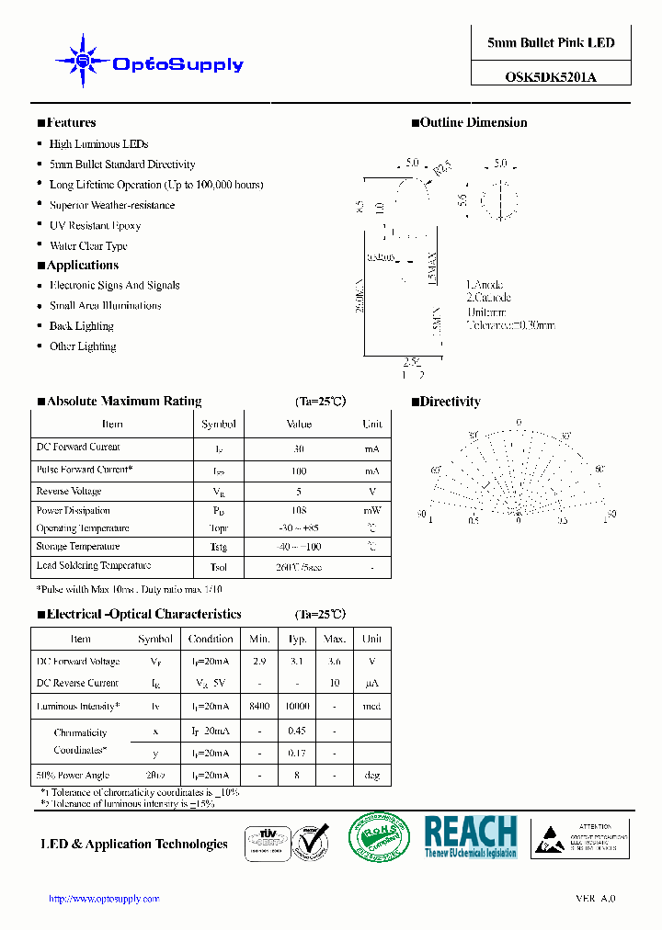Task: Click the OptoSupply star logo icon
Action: (83, 62)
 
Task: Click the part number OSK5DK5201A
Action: (550, 77)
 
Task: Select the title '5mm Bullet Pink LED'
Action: (550, 43)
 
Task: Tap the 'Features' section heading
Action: (71, 123)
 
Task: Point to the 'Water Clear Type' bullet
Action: (88, 246)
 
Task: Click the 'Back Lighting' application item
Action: (81, 326)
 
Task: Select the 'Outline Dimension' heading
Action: (474, 123)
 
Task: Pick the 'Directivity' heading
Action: (450, 402)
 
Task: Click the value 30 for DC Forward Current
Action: (299, 448)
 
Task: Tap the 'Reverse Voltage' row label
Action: (69, 492)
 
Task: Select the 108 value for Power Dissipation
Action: (299, 511)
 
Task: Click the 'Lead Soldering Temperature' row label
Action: (93, 566)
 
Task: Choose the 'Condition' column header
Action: (211, 639)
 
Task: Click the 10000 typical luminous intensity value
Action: (297, 707)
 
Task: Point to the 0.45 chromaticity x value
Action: (297, 732)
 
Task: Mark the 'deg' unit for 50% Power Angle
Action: (371, 776)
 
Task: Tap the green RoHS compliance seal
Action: (378, 837)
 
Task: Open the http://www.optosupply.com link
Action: (104, 899)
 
